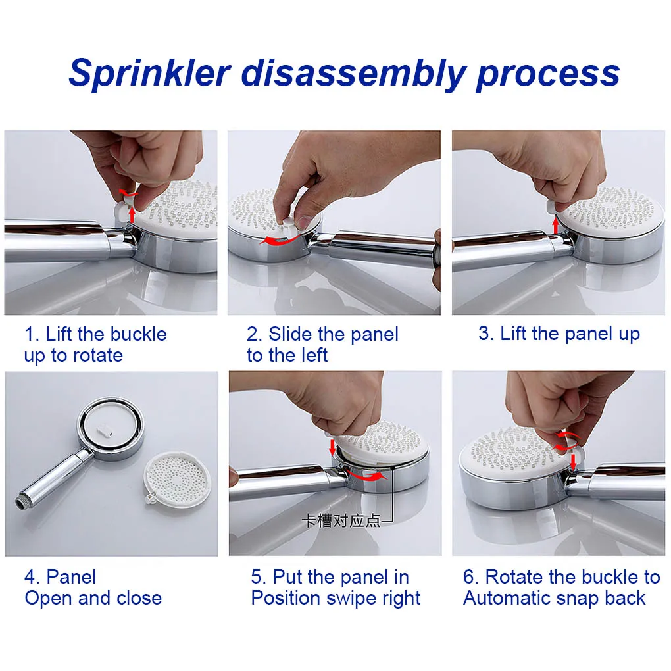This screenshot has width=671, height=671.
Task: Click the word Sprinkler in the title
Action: pyautogui.click(x=150, y=74)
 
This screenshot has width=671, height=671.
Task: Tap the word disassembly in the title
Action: pyautogui.click(x=353, y=74)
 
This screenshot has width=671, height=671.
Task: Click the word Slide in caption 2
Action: pyautogui.click(x=291, y=334)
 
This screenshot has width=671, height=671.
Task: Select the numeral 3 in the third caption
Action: pyautogui.click(x=484, y=334)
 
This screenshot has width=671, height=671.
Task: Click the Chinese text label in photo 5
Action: pyautogui.click(x=341, y=521)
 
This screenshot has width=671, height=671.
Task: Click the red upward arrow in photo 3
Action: pyautogui.click(x=555, y=226)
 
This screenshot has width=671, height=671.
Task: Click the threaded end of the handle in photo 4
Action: pyautogui.click(x=21, y=503)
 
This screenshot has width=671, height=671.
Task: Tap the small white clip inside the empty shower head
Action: pyautogui.click(x=105, y=430)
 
